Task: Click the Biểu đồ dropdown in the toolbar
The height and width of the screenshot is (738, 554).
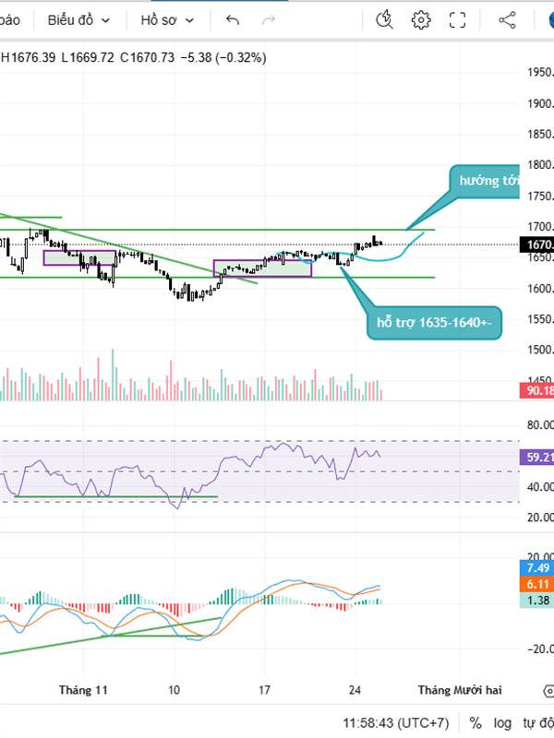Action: pyautogui.click(x=78, y=19)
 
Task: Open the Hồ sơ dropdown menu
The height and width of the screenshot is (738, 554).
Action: pyautogui.click(x=169, y=19)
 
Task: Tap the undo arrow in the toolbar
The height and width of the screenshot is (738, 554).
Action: pyautogui.click(x=232, y=19)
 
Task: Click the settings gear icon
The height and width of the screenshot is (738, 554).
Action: pyautogui.click(x=421, y=19)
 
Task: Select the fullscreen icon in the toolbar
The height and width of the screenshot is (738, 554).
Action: pyautogui.click(x=457, y=19)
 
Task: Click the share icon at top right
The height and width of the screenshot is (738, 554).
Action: pyautogui.click(x=507, y=19)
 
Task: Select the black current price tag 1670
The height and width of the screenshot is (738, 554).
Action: pyautogui.click(x=537, y=244)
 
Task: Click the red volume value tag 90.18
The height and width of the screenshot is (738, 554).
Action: pyautogui.click(x=537, y=391)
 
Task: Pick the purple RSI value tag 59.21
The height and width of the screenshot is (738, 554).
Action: pyautogui.click(x=537, y=457)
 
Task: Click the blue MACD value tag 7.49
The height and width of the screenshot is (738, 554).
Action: pyautogui.click(x=537, y=567)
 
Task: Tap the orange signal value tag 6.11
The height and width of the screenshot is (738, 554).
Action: pyautogui.click(x=537, y=584)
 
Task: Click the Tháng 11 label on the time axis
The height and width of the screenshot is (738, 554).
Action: pyautogui.click(x=83, y=689)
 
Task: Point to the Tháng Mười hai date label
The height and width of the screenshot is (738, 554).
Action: pyautogui.click(x=459, y=689)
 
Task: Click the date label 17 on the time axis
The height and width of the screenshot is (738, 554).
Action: pyautogui.click(x=264, y=689)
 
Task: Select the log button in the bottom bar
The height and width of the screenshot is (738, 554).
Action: pyautogui.click(x=502, y=722)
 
